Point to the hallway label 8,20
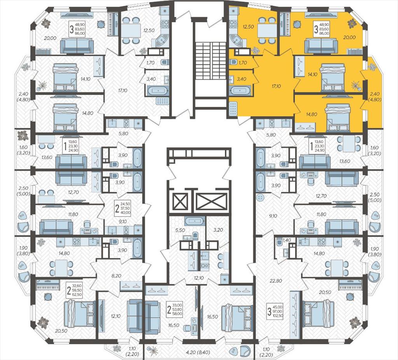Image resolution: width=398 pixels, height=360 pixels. point(117,276)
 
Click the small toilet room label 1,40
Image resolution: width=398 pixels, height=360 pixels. point(286,240)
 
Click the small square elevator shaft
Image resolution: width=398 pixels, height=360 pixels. point(180,202)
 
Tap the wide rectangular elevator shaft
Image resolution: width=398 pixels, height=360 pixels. point(211,202)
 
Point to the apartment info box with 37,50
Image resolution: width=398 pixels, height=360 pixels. point(122,208)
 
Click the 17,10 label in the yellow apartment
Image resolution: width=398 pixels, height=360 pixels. point(276,86)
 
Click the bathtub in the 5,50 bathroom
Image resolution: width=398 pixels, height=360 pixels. point(194,221)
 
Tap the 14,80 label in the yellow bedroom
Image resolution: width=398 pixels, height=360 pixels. point(305,114)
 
